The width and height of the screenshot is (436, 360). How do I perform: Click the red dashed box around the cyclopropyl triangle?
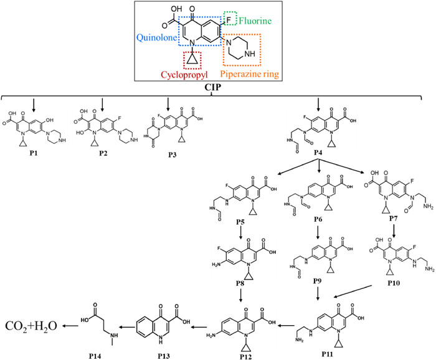(x=193, y=59)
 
